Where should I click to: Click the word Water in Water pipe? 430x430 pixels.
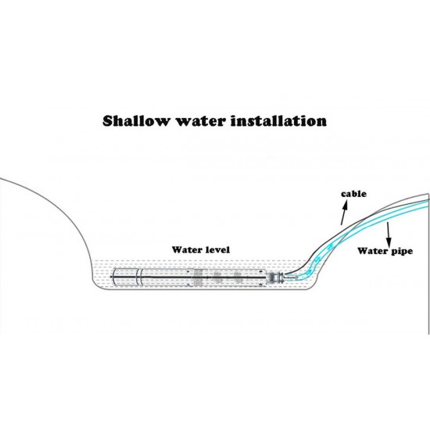[371, 252]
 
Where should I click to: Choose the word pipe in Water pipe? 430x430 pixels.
[400, 253]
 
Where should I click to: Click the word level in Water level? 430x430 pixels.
[216, 249]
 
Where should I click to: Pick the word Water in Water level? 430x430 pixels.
[187, 249]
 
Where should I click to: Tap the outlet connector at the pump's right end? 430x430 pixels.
[273, 277]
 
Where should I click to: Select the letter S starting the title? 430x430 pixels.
[109, 122]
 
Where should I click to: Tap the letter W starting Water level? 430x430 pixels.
[177, 249]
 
